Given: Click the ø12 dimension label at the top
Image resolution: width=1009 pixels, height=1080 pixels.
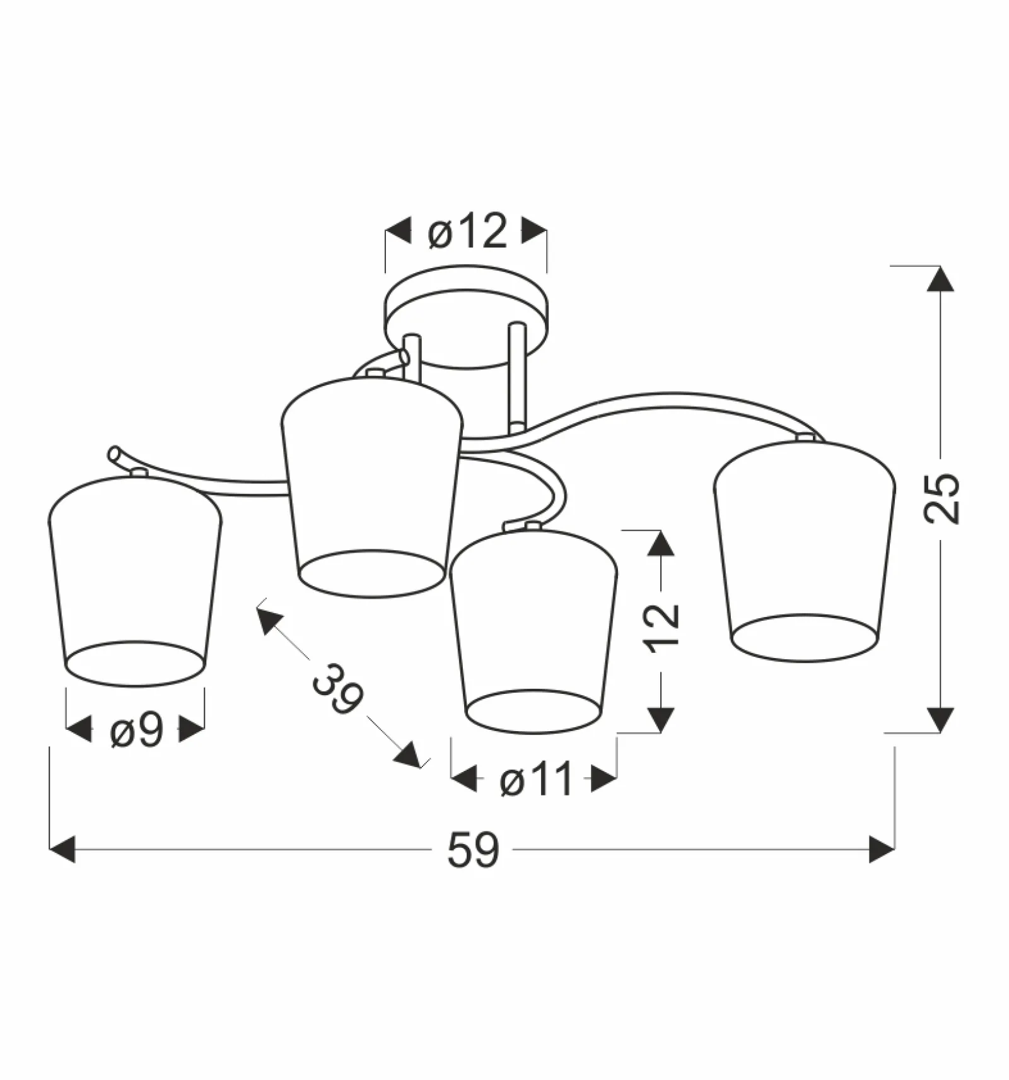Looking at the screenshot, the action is tap(467, 231).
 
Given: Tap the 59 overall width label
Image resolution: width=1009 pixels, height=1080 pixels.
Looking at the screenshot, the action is tap(473, 850).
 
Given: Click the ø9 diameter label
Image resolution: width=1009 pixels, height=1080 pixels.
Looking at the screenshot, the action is tap(137, 731).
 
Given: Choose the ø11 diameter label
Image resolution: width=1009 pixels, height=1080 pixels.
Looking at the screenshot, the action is tap(536, 779).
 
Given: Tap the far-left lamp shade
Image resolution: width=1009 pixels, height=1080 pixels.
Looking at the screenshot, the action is tap(135, 580).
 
